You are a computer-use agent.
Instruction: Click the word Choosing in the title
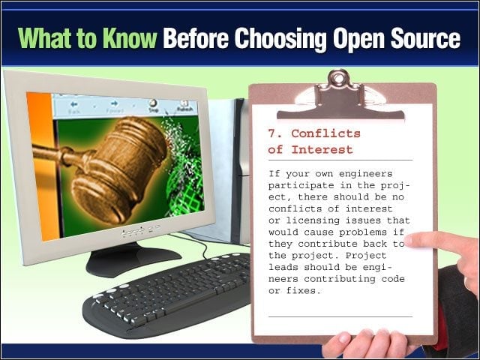pos(280,38)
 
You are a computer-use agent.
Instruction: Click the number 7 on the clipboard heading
pos(272,133)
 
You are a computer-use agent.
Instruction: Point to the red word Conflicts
pos(325,133)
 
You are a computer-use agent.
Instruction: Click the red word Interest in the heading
pos(322,150)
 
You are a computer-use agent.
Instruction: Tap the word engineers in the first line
pos(365,174)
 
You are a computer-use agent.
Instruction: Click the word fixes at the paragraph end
pos(303,290)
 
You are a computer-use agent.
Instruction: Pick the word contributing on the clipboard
pos(340,279)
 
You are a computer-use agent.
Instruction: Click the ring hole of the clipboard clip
pos(338,79)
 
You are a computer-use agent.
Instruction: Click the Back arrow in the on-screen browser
pos(73,104)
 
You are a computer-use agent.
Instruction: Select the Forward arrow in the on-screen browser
pos(115,103)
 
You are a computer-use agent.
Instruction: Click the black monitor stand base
pos(133,258)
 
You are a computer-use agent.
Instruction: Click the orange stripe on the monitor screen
pos(43,165)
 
